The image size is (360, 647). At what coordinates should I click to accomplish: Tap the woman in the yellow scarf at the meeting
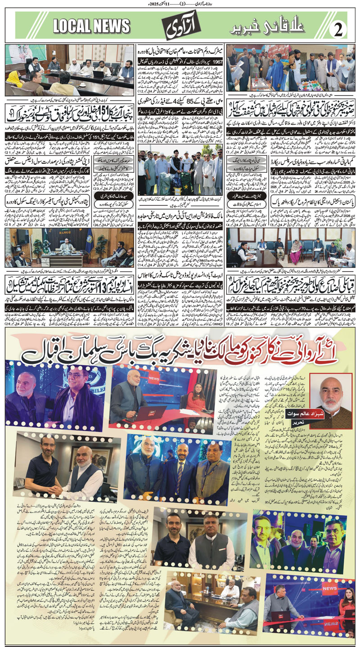point(13,76)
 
